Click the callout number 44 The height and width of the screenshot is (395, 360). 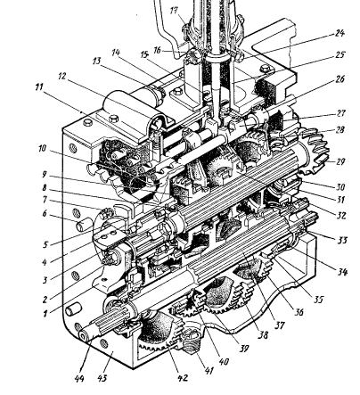coord(79,378)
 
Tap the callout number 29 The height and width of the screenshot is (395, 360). coord(340,161)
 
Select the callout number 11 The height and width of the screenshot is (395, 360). coord(39,87)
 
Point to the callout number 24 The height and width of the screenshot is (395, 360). coord(340,33)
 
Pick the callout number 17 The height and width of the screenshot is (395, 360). coord(175,11)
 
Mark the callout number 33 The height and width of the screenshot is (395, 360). coord(341,240)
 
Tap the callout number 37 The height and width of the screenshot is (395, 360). coord(279,325)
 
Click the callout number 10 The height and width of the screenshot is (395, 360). coord(43,148)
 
